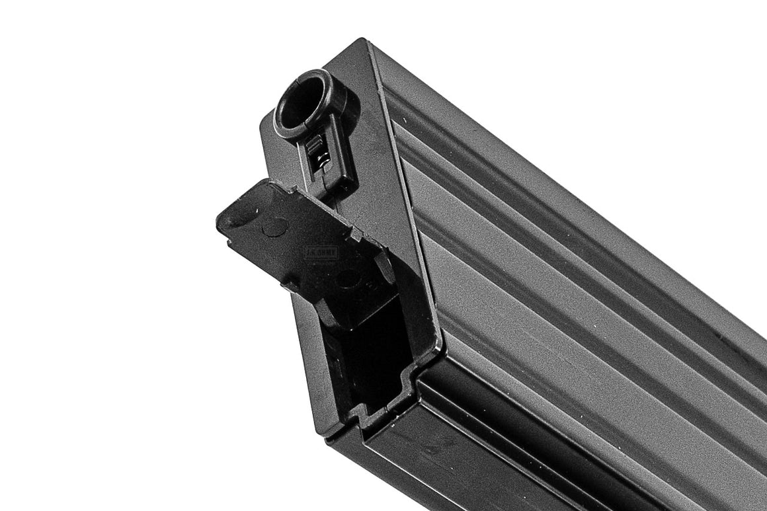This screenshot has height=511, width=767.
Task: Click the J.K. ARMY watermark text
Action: coord(321,252)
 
